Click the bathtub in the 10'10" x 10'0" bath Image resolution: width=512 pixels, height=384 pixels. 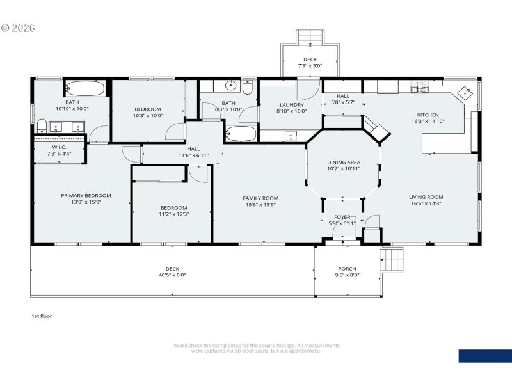85,88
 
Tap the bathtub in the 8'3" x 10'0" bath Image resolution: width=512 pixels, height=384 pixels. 241,134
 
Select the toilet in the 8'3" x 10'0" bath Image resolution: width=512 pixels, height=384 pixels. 248,86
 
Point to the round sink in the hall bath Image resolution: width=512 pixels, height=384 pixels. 230,85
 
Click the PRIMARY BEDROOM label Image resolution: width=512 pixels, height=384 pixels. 86,196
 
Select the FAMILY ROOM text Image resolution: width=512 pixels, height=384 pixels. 260,198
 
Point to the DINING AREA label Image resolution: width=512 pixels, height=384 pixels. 344,163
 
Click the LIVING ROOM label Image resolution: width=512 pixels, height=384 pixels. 426,197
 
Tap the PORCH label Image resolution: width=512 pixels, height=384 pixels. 347,269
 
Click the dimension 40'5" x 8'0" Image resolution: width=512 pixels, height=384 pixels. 172,275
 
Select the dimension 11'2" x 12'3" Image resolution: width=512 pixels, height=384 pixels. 173,214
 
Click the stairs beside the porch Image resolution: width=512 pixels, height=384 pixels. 392,260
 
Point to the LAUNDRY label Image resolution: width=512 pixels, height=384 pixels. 291,105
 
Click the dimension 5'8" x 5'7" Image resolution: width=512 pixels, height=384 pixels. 342,102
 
